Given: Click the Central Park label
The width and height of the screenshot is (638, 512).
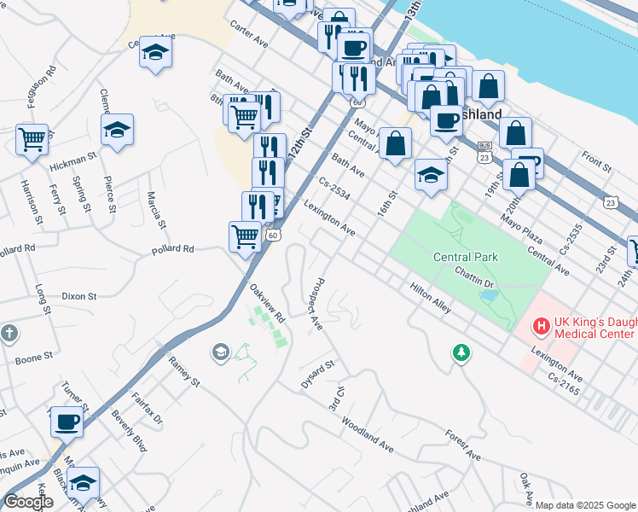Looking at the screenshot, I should tap(465, 256).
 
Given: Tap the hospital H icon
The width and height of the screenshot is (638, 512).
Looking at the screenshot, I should tap(540, 325).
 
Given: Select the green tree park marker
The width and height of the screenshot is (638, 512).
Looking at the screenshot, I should tap(461, 352).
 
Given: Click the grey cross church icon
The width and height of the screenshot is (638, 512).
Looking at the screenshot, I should tap(9, 333).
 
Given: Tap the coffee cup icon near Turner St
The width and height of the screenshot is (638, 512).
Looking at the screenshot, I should tap(67, 421).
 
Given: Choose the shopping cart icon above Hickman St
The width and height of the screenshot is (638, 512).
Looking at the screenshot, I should tap(32, 137).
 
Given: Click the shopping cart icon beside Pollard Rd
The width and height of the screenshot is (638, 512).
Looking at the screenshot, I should tap(245, 235).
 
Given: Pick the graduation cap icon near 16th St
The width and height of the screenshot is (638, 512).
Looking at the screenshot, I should tap(431, 175).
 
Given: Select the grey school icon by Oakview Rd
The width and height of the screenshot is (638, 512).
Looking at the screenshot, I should tap(220, 352).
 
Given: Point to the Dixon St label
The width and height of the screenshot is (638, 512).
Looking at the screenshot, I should tap(79, 296).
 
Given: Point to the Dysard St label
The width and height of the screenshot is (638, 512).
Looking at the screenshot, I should tap(318, 374).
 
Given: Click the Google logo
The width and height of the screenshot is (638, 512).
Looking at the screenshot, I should tap(28, 502).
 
